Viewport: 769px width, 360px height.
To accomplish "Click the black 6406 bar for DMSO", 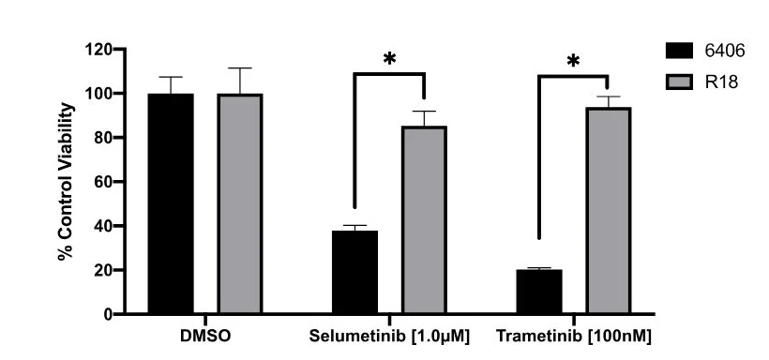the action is click(171, 203).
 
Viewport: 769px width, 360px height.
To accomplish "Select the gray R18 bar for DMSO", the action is click(240, 203).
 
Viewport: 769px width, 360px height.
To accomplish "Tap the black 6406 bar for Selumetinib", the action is click(354, 272).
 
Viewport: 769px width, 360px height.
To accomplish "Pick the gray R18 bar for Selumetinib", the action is click(424, 219).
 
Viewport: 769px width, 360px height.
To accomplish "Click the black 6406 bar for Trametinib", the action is click(539, 292).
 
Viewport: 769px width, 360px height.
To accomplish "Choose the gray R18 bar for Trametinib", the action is click(608, 210).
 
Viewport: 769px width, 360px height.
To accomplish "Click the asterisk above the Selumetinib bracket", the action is click(389, 59).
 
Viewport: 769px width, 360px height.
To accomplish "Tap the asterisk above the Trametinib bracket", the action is click(573, 61).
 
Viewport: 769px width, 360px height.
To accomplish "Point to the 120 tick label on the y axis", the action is click(98, 49).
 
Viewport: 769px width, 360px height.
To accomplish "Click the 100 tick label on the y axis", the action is click(98, 93).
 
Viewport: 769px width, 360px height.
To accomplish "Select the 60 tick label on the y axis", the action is click(103, 182).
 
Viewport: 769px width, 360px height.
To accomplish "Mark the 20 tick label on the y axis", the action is click(103, 270).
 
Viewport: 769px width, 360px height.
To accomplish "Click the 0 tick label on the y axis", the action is click(108, 314).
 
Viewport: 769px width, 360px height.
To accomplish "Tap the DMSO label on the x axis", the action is click(205, 337).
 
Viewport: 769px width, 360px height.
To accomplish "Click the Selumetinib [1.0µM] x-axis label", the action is click(389, 337).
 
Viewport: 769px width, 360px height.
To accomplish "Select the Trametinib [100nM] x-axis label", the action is click(574, 337).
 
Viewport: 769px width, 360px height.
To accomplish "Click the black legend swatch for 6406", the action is click(679, 51).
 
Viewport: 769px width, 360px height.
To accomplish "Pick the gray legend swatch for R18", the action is click(679, 82).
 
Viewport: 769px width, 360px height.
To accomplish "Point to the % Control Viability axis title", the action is click(66, 181).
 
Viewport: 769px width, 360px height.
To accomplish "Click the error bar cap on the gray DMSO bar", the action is click(240, 68).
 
